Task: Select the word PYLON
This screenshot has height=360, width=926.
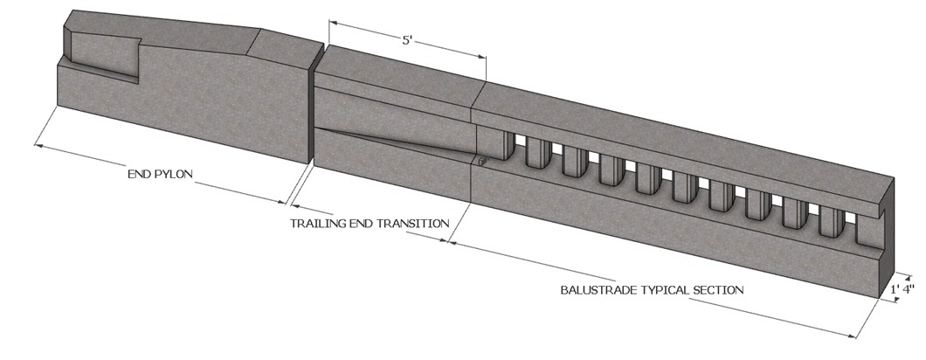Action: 176,174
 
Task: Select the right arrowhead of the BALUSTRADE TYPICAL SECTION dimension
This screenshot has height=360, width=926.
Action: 851,336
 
